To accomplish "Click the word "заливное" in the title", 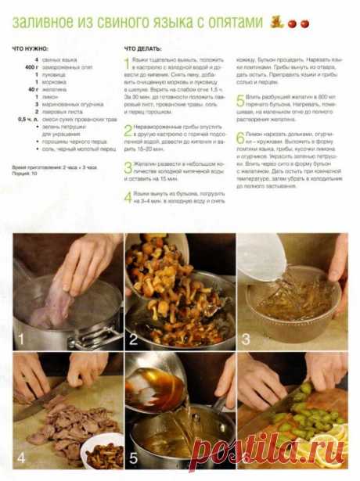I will pos(44,23).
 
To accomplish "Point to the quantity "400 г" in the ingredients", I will pos(31,67).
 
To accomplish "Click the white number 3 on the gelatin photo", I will pos(246,339).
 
